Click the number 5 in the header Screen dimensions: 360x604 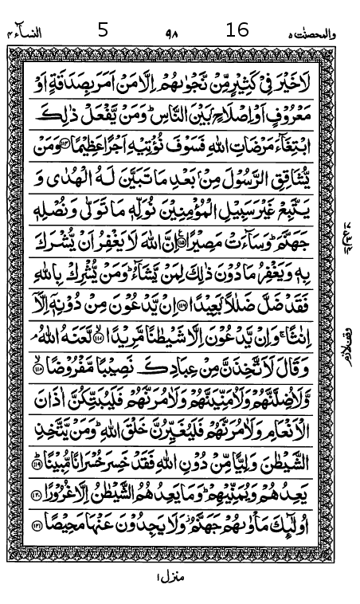[x=102, y=30]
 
